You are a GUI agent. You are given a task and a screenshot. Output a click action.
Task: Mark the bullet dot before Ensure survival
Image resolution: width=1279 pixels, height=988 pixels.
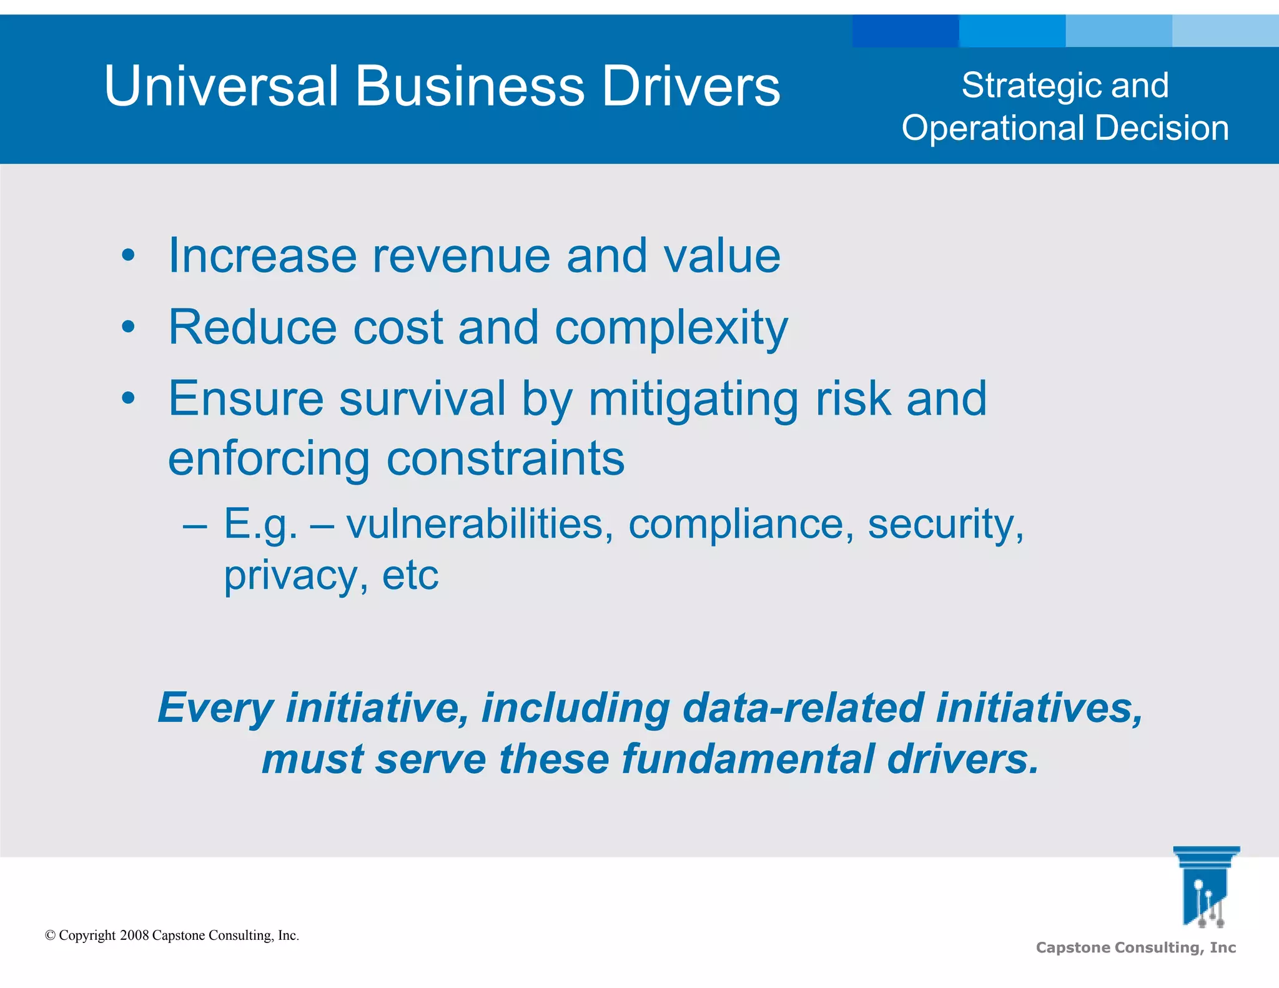(x=128, y=398)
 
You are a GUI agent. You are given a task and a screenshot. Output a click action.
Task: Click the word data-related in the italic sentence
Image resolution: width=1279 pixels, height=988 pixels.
(x=802, y=708)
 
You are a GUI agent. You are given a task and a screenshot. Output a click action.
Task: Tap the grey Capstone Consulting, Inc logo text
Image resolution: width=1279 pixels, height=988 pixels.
(x=1135, y=947)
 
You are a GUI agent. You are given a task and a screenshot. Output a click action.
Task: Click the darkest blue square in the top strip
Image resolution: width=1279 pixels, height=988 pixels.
(x=905, y=31)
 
